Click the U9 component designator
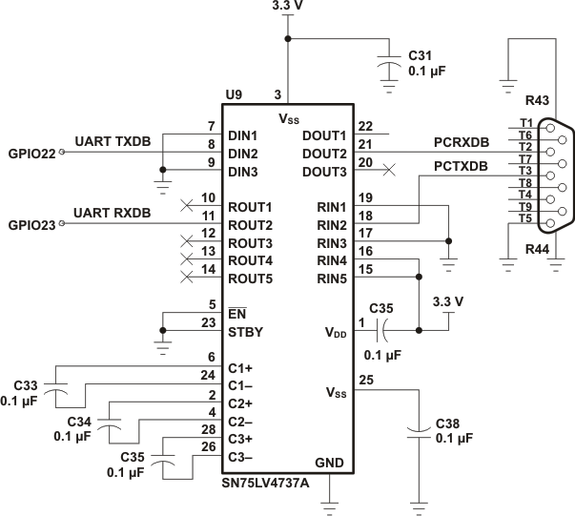tap(234, 94)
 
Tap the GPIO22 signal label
tap(30, 152)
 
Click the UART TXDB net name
tap(113, 141)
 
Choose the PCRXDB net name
tap(434, 142)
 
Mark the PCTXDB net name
tap(434, 166)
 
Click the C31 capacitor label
tap(421, 55)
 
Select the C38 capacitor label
tap(452, 423)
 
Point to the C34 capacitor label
tap(82, 421)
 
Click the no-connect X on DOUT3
tap(387, 171)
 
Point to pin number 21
tap(363, 144)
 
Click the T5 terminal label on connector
tap(525, 218)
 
